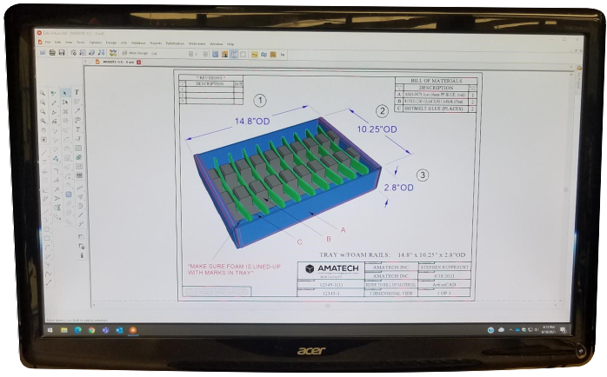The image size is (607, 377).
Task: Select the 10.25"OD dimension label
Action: tap(377, 129)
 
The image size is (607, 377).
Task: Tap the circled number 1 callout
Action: tap(258, 101)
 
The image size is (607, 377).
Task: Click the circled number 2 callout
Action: tap(381, 110)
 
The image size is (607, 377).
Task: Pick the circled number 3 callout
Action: tap(423, 175)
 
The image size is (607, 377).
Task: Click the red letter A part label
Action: tap(344, 229)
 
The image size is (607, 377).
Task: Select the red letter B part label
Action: tap(329, 237)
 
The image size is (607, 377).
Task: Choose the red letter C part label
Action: tap(299, 241)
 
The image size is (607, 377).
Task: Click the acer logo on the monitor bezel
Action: tap(311, 351)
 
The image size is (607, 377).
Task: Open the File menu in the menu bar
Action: tap(47, 42)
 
